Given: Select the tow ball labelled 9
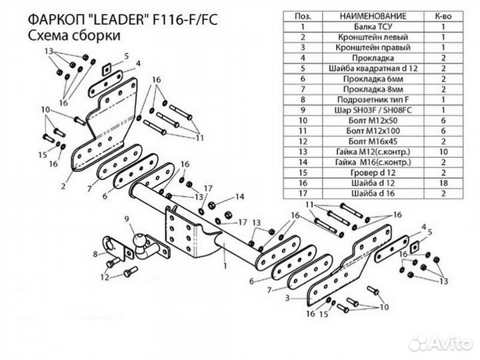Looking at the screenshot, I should click(142, 242).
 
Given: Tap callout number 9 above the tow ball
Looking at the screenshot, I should click(126, 219).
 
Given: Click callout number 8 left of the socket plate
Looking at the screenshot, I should click(95, 254).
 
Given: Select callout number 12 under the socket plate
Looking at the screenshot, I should click(105, 276).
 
